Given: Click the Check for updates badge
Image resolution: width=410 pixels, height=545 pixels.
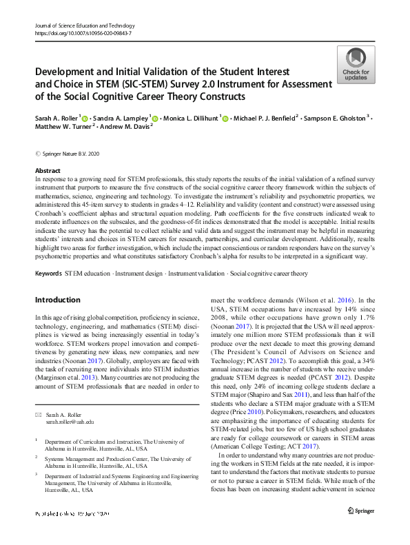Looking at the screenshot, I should (x=356, y=65).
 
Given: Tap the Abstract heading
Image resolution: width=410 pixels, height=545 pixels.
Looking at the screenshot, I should (x=47, y=171).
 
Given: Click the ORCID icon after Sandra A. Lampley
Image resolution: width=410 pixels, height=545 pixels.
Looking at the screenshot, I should (x=156, y=118).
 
